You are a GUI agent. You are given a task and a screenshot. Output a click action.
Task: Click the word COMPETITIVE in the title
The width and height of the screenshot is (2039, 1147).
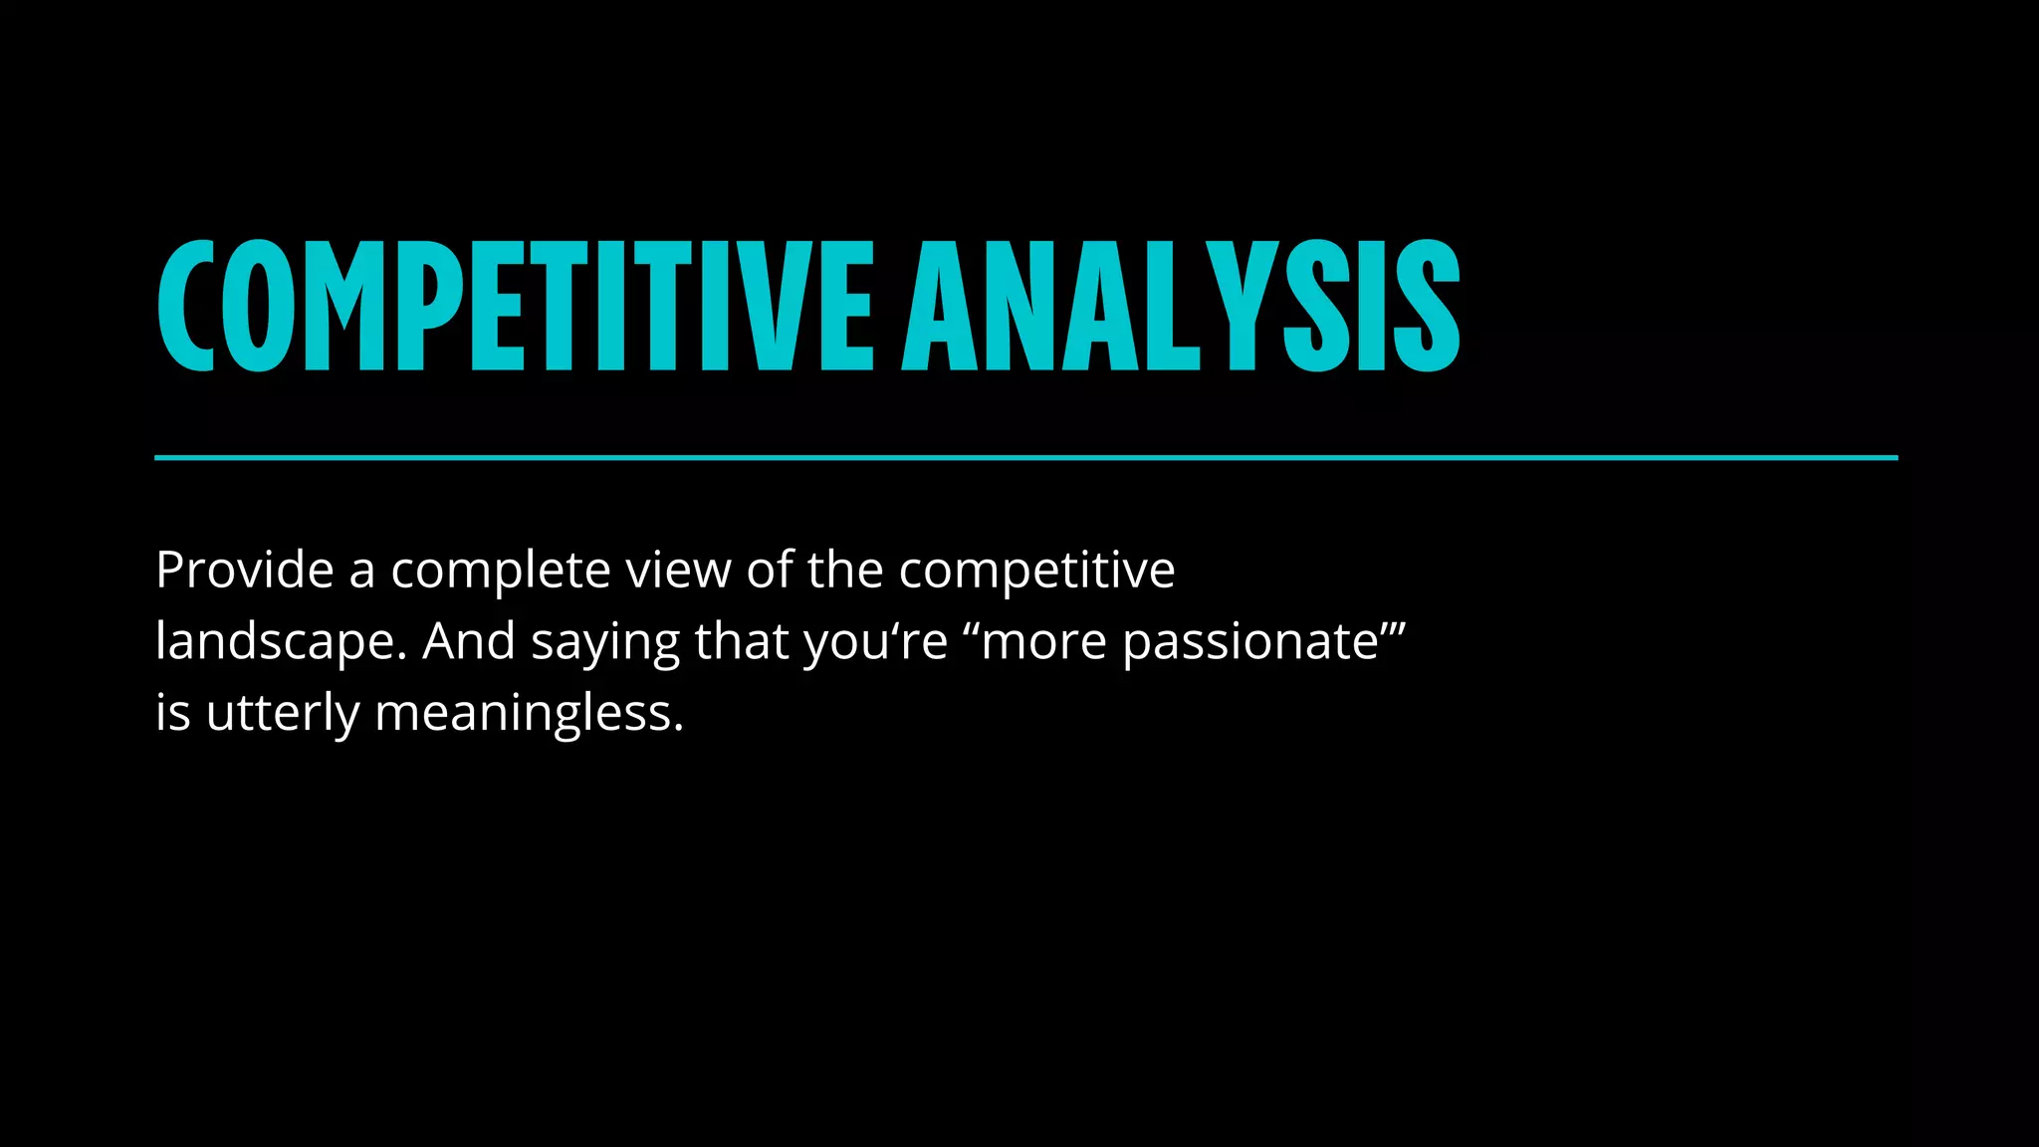coord(516,306)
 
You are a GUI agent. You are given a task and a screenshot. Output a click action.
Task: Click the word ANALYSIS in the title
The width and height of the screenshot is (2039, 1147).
coord(1181,306)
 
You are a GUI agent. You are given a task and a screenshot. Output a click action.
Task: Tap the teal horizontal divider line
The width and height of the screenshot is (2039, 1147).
coord(1025,458)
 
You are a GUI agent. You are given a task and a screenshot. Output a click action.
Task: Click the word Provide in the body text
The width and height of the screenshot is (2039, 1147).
coord(244,571)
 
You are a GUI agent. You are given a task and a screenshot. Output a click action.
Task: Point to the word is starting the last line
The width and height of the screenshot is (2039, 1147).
coord(172,712)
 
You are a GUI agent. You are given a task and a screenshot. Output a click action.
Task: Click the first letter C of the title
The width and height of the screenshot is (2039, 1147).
coord(186,306)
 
